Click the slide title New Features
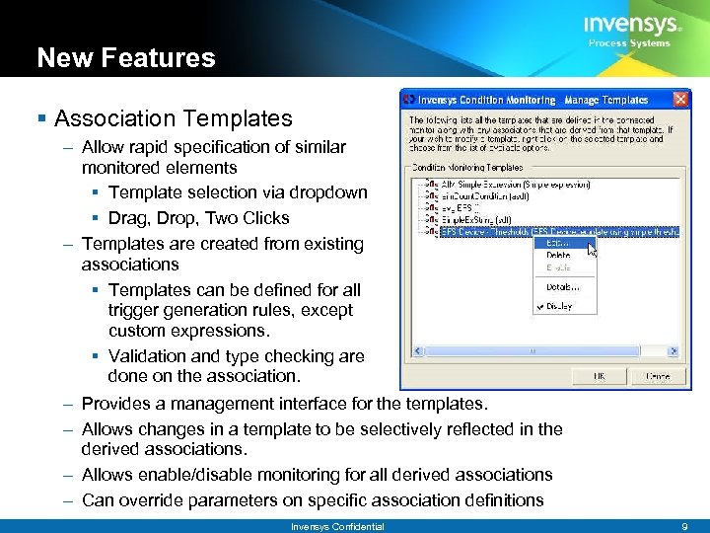pyautogui.click(x=125, y=58)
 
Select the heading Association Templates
pyautogui.click(x=174, y=119)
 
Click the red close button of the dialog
pyautogui.click(x=679, y=100)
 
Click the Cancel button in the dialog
pyautogui.click(x=657, y=376)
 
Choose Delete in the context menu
pyautogui.click(x=558, y=255)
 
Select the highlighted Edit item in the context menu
pyautogui.click(x=558, y=242)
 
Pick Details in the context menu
pyautogui.click(x=561, y=287)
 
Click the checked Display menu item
pyautogui.click(x=559, y=306)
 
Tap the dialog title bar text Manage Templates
pyautogui.click(x=605, y=100)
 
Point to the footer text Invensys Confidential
pyautogui.click(x=337, y=526)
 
